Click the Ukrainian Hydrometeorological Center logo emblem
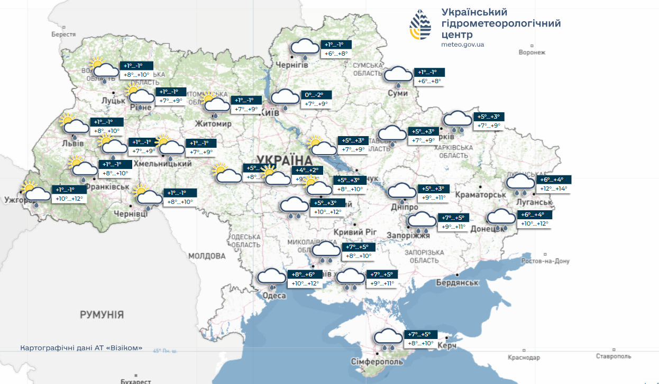click(x=423, y=25)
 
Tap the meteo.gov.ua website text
click(x=463, y=44)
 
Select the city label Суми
click(x=398, y=93)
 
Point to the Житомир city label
click(x=213, y=124)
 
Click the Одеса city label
click(x=274, y=296)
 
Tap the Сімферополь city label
click(x=377, y=361)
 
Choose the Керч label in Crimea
click(x=447, y=345)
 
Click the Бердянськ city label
click(x=457, y=283)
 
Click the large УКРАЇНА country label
click(x=284, y=159)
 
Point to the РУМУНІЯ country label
click(x=102, y=315)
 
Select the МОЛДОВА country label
click(x=207, y=256)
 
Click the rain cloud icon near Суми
click(x=398, y=76)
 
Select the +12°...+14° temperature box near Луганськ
click(x=554, y=189)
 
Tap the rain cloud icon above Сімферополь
click(x=388, y=338)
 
